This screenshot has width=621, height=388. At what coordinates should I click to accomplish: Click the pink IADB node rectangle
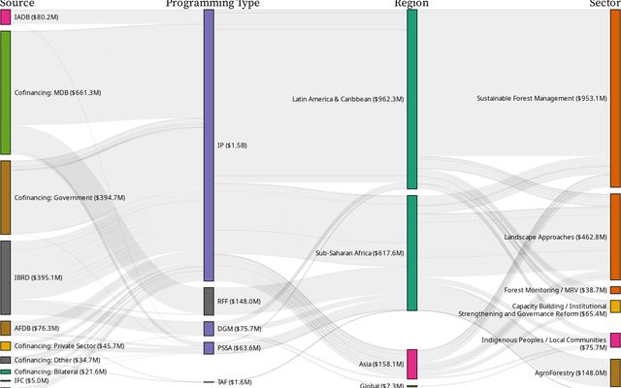(5, 16)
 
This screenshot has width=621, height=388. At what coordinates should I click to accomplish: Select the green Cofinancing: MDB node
(5, 92)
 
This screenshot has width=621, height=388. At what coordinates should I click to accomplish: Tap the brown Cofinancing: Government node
(5, 197)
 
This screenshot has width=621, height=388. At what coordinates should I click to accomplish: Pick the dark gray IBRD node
(5, 277)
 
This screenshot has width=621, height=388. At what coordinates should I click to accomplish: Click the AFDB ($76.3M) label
(37, 328)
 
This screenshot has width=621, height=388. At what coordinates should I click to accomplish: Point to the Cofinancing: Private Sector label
(62, 345)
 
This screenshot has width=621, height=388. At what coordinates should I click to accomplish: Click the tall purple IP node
(209, 145)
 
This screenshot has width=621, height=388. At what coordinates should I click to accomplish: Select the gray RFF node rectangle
(209, 301)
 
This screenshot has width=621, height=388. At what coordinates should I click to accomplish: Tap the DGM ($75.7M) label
(240, 329)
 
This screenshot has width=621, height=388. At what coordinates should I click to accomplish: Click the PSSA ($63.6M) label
(239, 347)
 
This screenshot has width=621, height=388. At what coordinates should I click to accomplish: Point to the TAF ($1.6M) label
(234, 382)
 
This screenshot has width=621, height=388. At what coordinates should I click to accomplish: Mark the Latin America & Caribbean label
(347, 99)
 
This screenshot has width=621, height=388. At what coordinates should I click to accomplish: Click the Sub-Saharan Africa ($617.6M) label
(359, 253)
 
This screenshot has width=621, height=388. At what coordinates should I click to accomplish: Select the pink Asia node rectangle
(412, 364)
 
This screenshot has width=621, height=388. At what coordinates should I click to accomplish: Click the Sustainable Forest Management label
(541, 98)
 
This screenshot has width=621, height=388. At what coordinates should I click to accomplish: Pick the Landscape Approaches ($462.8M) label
(555, 236)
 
